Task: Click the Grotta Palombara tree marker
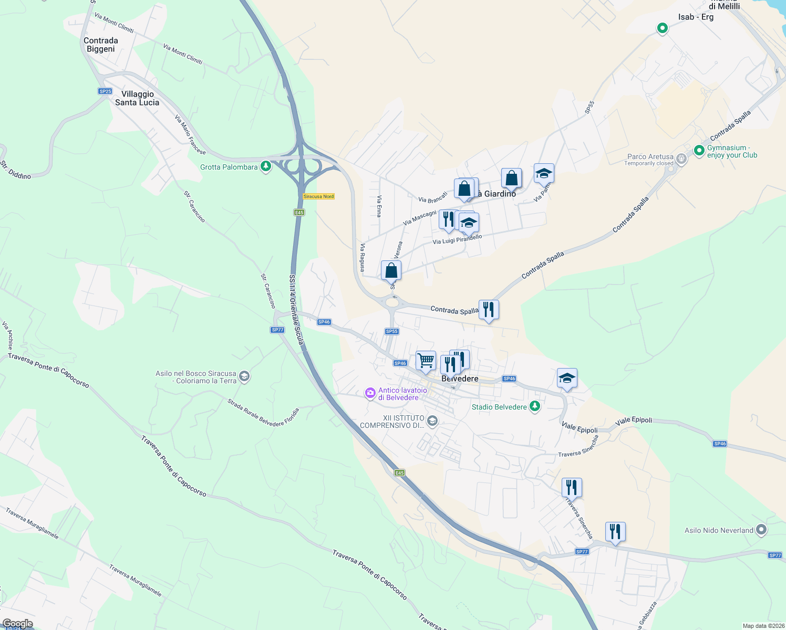266,167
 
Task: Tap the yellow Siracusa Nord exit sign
318,196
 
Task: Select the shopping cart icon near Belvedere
426,361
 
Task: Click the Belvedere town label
460,379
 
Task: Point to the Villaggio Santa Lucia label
137,98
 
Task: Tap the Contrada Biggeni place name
101,45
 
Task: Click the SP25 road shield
105,91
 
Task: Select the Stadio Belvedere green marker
535,406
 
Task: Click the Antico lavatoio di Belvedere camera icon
370,393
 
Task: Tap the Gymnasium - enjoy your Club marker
699,151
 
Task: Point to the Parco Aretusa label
650,156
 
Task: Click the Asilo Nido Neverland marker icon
761,530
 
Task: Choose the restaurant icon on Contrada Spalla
489,310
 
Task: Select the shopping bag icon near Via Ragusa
391,270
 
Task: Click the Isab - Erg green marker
663,28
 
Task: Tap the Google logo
18,624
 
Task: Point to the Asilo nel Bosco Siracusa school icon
244,376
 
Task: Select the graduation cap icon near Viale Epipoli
567,378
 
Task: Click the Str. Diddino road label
15,170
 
